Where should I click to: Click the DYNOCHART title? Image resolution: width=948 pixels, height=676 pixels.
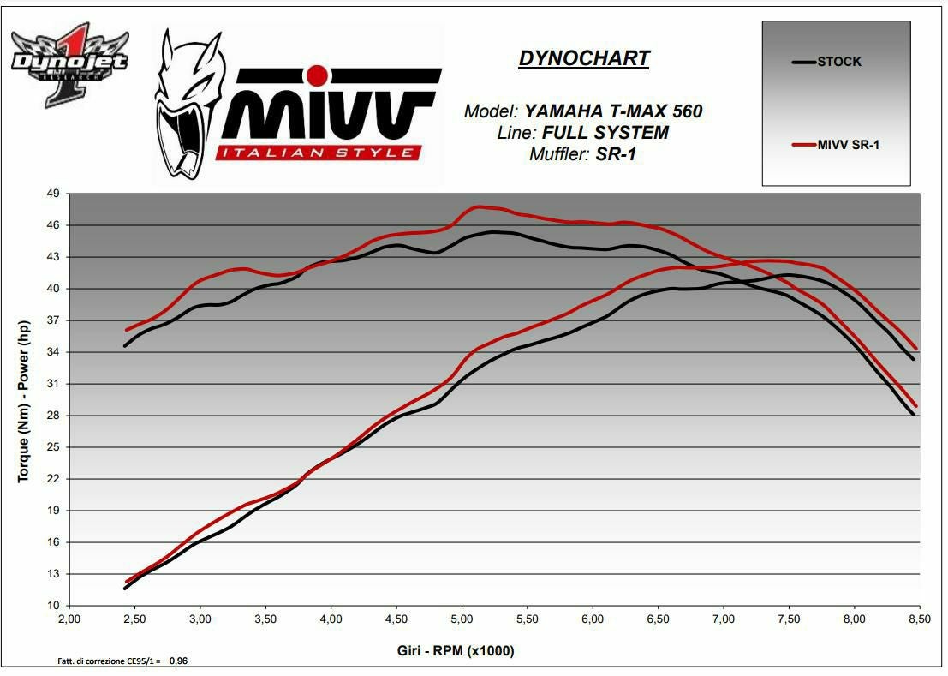point(583,58)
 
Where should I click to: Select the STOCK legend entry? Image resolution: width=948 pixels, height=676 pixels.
point(838,62)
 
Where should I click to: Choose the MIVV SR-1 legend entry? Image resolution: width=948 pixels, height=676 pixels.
point(847,145)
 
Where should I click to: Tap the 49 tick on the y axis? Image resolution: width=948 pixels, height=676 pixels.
point(53,194)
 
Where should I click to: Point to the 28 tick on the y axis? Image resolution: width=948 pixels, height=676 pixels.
point(53,416)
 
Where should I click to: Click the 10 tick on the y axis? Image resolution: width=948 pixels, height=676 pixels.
point(53,606)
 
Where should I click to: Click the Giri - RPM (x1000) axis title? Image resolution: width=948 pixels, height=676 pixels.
point(456,651)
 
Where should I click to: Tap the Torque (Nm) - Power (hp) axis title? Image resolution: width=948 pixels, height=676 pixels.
point(24,399)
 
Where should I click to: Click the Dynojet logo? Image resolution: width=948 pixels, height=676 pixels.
point(69,64)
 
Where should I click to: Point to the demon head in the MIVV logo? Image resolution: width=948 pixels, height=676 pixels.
point(183,103)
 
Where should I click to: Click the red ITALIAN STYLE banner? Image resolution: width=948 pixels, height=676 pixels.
point(319,153)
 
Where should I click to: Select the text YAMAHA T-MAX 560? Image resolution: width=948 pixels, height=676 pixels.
point(613,111)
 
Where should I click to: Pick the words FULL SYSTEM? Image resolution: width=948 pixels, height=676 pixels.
point(605,133)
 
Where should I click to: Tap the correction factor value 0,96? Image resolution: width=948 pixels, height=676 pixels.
point(178,661)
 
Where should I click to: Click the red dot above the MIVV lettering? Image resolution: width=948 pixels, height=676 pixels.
point(317,75)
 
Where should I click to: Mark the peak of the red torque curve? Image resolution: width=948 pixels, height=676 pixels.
point(479,206)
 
